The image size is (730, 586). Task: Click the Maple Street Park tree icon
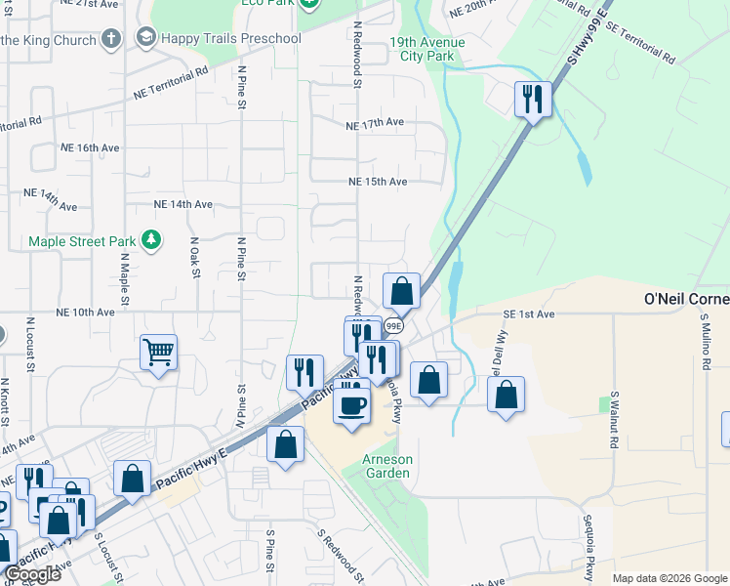click(x=150, y=240)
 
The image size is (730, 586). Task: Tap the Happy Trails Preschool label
click(x=231, y=38)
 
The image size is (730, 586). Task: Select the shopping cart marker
click(x=158, y=353)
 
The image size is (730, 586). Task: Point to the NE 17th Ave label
click(x=374, y=124)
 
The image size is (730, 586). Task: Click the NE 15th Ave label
click(x=378, y=182)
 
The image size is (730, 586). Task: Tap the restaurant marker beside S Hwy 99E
click(x=533, y=99)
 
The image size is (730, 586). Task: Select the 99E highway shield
click(x=393, y=325)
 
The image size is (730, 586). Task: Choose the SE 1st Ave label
click(x=529, y=314)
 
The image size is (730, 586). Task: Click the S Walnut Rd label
click(x=614, y=420)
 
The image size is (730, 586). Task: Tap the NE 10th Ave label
click(x=86, y=313)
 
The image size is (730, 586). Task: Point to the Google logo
click(x=32, y=574)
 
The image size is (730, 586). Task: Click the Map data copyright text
click(x=669, y=578)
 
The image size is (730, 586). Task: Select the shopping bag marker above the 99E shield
click(x=401, y=291)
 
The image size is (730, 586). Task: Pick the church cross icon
click(x=112, y=40)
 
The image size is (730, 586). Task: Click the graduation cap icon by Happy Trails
click(x=146, y=38)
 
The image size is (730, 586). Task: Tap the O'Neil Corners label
click(x=687, y=298)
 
